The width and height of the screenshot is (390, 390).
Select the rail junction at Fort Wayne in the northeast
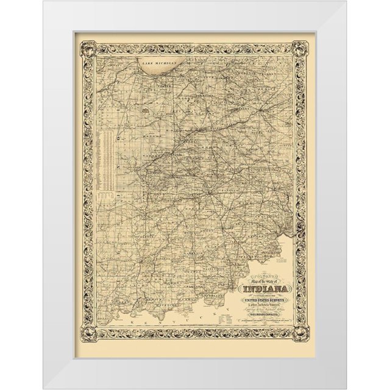click(261, 110)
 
